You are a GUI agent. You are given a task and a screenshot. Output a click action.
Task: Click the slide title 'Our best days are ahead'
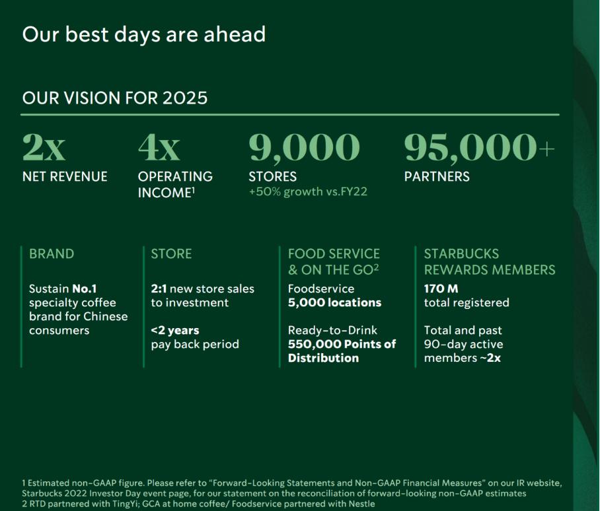pyautogui.click(x=144, y=35)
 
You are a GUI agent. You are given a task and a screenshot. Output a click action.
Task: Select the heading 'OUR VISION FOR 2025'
pyautogui.click(x=115, y=98)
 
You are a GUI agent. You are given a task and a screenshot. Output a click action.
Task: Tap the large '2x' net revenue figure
pyautogui.click(x=44, y=147)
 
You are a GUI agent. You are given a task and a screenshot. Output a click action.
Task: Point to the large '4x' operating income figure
pyautogui.click(x=159, y=147)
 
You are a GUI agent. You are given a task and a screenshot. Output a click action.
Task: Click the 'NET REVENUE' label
pyautogui.click(x=65, y=176)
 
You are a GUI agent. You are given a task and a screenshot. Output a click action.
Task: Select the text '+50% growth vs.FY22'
pyautogui.click(x=308, y=191)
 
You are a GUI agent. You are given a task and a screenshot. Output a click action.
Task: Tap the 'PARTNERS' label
pyautogui.click(x=437, y=176)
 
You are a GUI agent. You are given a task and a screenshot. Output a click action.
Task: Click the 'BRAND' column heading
pyautogui.click(x=52, y=254)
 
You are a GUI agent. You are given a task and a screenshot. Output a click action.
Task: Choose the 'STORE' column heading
pyautogui.click(x=171, y=254)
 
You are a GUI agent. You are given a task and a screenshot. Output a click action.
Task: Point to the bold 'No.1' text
pyautogui.click(x=84, y=289)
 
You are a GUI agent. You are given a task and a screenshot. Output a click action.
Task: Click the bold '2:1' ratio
pyautogui.click(x=159, y=289)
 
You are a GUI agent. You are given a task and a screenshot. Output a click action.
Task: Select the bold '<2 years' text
pyautogui.click(x=175, y=330)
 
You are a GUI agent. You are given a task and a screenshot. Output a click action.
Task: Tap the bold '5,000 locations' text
pyautogui.click(x=334, y=302)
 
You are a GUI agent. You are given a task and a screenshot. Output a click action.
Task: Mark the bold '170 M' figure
pyautogui.click(x=441, y=289)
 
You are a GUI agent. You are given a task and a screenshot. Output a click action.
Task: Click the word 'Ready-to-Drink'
pyautogui.click(x=332, y=330)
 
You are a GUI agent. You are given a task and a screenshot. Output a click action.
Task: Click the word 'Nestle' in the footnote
pyautogui.click(x=363, y=504)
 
